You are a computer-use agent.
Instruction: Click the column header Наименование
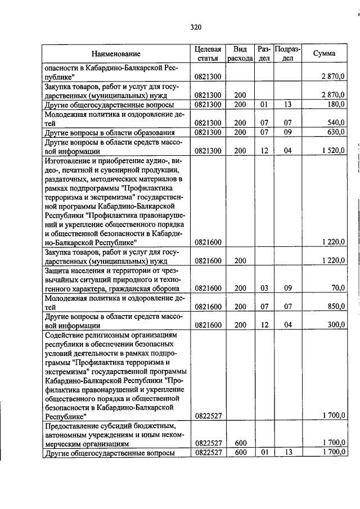(x=116, y=54)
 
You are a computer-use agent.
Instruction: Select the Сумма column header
(x=325, y=54)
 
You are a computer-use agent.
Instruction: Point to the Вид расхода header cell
(x=240, y=54)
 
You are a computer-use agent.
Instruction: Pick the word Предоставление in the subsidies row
(x=73, y=425)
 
